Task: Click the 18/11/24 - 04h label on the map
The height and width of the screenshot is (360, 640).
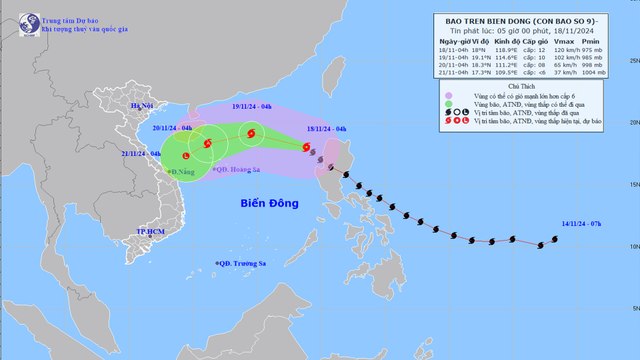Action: (x=327, y=130)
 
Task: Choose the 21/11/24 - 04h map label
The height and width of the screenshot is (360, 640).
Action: (x=141, y=153)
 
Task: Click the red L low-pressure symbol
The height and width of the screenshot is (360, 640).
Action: (x=185, y=155)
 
